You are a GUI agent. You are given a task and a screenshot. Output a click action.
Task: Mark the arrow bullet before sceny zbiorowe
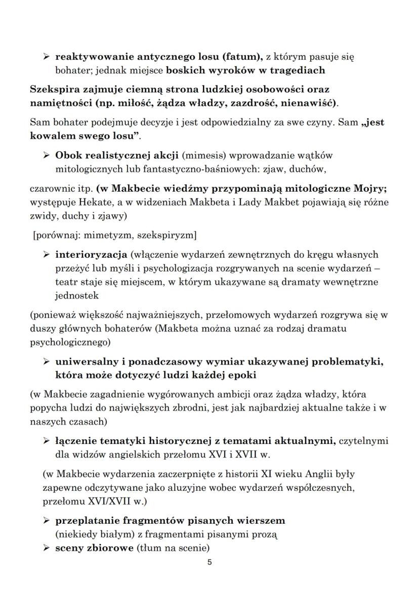click(46, 548)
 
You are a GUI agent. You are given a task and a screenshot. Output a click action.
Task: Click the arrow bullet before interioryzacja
click(46, 254)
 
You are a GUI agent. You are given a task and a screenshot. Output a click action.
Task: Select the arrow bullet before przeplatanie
click(46, 520)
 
